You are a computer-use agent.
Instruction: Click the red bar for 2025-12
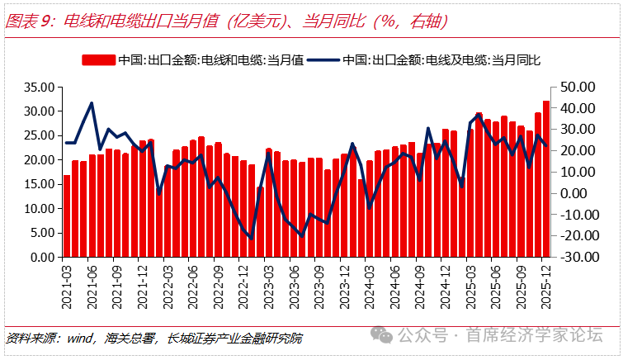click(546, 178)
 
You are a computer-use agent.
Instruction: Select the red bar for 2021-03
click(67, 216)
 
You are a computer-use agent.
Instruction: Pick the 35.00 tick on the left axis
click(40, 87)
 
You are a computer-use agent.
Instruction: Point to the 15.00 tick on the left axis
click(40, 184)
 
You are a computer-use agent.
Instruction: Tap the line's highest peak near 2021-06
click(92, 103)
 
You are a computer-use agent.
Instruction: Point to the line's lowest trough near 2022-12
click(252, 238)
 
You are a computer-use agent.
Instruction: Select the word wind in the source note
click(78, 338)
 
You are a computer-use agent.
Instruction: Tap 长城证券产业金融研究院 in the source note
click(234, 338)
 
